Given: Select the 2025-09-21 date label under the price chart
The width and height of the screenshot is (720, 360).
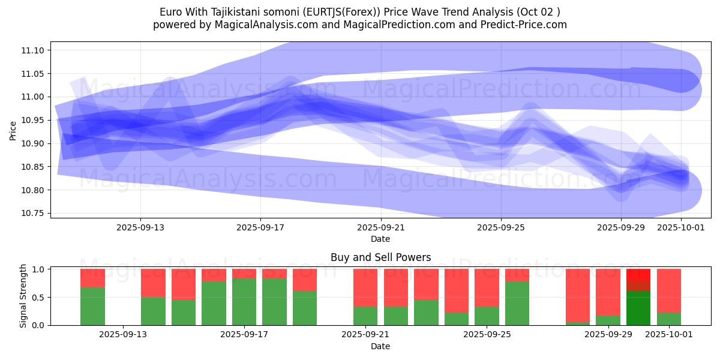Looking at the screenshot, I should click(x=380, y=228).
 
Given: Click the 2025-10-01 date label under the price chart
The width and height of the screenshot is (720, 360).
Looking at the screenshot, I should click(x=681, y=228).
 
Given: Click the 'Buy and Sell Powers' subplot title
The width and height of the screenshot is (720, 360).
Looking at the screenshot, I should click(x=380, y=258).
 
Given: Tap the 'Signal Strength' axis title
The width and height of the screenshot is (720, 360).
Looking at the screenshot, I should click(x=23, y=296).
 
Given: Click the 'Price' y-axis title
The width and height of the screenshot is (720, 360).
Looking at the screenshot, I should click(x=13, y=130).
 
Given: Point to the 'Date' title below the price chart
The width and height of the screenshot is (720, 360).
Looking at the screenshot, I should click(x=380, y=239).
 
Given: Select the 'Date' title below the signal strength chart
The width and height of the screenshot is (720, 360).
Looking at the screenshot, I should click(x=380, y=346).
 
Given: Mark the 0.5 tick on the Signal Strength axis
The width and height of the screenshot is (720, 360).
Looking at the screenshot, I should click(x=38, y=298).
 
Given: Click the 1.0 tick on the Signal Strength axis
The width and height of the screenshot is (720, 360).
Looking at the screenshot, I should click(x=38, y=269).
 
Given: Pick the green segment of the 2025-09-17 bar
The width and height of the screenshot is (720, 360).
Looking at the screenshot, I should click(x=244, y=302).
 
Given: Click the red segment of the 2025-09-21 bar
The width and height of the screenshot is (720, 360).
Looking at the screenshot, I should click(x=365, y=287).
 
